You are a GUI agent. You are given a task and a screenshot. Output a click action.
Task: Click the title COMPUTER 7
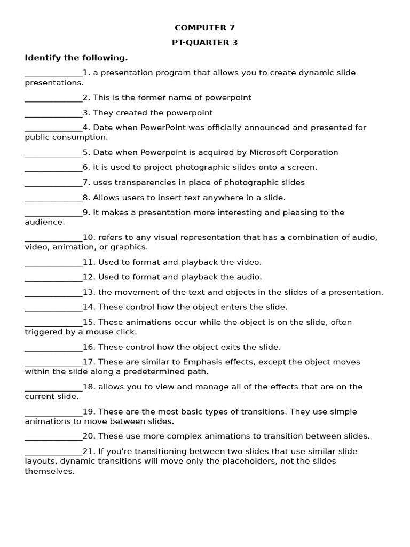tap(204, 28)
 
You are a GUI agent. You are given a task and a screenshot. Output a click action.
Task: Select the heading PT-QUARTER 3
tap(204, 43)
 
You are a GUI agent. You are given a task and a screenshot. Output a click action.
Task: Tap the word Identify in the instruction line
tap(43, 58)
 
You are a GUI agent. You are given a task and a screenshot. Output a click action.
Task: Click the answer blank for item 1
tap(53, 73)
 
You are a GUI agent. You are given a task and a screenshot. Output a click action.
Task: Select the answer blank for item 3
tap(53, 113)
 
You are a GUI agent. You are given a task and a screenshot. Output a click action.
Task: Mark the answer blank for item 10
tap(53, 238)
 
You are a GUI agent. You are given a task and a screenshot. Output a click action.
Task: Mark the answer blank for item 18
tap(53, 387)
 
